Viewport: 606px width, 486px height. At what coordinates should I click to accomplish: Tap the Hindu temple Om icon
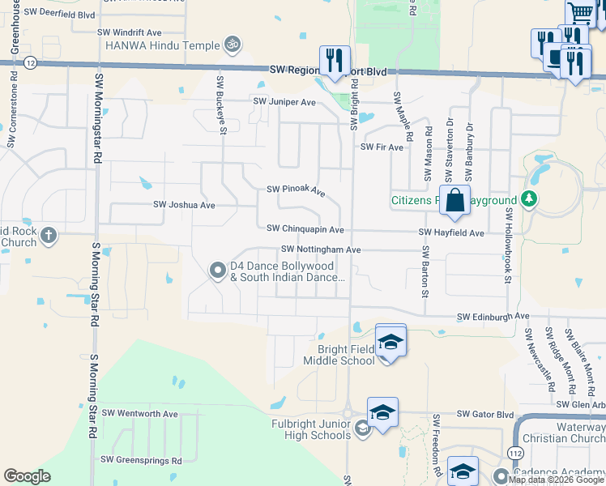[x=233, y=42]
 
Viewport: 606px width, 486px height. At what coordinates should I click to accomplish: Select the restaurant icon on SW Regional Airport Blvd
[x=335, y=59]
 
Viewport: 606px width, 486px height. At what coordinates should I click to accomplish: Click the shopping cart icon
[x=581, y=14]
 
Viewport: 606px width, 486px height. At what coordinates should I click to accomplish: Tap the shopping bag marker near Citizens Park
[x=455, y=200]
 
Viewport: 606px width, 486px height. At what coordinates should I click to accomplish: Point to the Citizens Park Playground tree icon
[x=529, y=198]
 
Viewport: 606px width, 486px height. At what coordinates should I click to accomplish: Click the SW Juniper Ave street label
[x=284, y=102]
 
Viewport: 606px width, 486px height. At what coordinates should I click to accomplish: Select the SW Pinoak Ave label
[x=296, y=191]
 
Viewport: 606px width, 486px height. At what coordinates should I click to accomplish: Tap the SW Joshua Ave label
[x=184, y=205]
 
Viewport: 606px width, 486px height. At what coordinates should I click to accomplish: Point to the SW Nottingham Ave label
[x=321, y=250]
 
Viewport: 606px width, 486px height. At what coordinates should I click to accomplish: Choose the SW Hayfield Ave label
[x=451, y=232]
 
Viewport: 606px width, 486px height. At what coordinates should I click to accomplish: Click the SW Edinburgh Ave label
[x=493, y=316]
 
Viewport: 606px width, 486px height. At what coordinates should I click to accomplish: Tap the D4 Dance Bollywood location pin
[x=217, y=271]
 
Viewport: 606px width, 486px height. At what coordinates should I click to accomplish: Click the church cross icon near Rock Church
[x=49, y=236]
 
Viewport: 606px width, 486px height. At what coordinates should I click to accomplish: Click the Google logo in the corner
[x=27, y=476]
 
